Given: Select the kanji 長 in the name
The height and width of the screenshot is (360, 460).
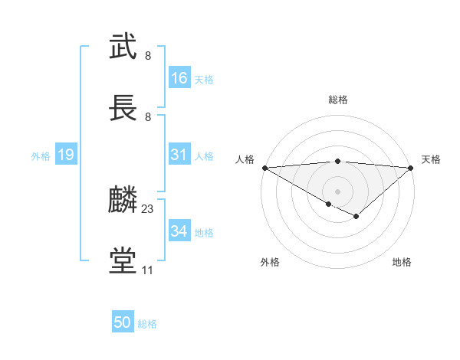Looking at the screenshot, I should tap(123, 108).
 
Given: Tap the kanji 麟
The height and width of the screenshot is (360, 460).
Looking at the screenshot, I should tap(123, 200).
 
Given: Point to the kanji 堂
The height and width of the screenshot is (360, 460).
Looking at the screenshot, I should tap(123, 261).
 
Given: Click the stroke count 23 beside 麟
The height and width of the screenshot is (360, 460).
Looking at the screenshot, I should tap(148, 208).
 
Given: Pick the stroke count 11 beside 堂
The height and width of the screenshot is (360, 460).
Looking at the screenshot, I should tap(148, 270).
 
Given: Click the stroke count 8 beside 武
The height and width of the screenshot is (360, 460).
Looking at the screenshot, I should tap(148, 56).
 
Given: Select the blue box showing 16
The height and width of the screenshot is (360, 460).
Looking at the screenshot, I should tap(179, 78).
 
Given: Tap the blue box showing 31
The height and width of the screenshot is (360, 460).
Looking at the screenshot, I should tap(179, 155).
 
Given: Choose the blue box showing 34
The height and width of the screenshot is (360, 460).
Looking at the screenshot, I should tap(179, 231).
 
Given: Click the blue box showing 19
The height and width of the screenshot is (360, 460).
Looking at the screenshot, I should tap(65, 155).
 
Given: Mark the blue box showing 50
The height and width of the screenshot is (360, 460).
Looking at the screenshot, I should tap(123, 322).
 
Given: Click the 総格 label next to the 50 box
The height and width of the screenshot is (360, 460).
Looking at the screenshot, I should tap(147, 324).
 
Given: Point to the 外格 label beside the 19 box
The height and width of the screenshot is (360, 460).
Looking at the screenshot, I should tap(41, 156).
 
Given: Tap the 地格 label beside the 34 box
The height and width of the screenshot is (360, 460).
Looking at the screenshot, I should tap(204, 233).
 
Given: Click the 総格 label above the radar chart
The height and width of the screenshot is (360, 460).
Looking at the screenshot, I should tap(338, 100).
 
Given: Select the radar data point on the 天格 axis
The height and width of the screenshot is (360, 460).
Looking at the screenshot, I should tap(412, 168).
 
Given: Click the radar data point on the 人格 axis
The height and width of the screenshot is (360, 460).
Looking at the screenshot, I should tap(264, 168).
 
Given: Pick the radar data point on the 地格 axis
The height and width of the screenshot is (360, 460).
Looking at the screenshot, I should tap(356, 217).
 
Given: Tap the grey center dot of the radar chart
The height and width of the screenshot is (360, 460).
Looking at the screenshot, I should tap(338, 190).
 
